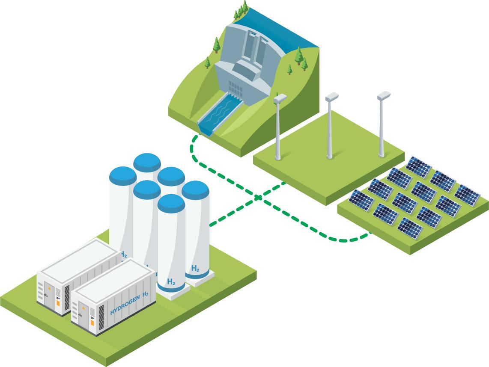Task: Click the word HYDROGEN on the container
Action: coord(125,303)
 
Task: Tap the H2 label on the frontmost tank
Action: coord(171,282)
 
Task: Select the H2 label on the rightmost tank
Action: coord(195,269)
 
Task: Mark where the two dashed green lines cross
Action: coord(258,197)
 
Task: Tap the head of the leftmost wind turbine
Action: coord(280,98)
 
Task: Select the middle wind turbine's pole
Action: coord(330,128)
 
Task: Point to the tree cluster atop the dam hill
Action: coord(242,10)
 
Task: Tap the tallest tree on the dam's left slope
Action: coord(217,44)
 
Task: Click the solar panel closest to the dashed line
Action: coord(409,228)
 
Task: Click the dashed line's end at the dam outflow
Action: coord(197,137)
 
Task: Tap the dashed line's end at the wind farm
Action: coord(284,183)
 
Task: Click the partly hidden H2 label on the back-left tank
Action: coord(124,255)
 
